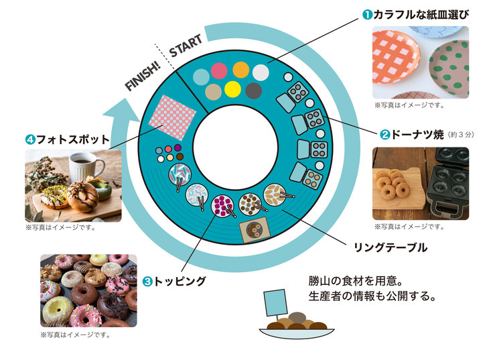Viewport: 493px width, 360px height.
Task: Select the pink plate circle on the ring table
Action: (220, 70)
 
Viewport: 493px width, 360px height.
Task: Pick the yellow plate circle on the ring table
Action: (233, 88)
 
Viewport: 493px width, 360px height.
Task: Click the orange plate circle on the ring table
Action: (240, 69)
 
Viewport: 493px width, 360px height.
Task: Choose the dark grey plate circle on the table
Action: (253, 90)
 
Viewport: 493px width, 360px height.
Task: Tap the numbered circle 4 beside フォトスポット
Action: (30, 141)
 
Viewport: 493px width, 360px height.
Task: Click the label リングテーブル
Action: (390, 248)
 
